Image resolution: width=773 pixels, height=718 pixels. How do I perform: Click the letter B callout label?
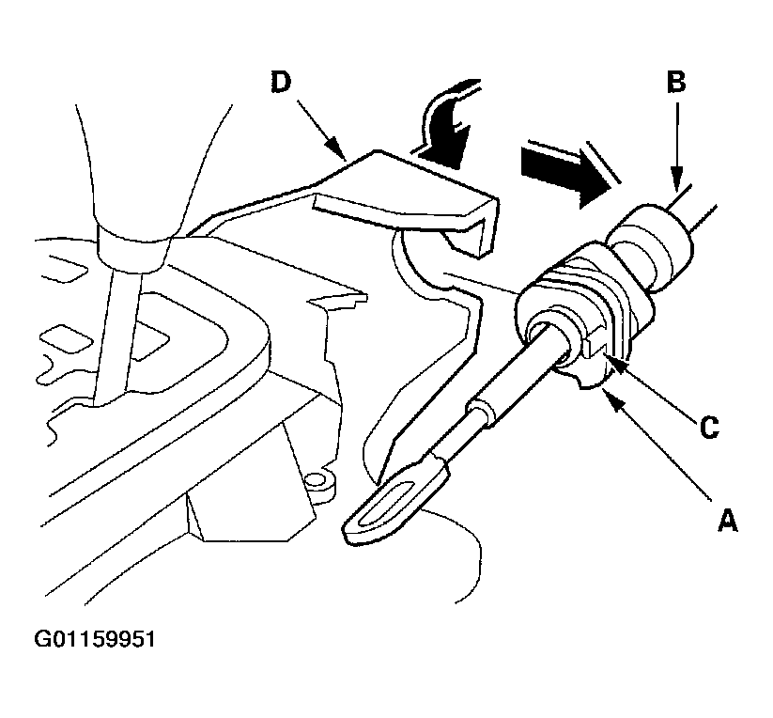pos(675,83)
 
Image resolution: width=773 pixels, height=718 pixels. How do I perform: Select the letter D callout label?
pos(280,83)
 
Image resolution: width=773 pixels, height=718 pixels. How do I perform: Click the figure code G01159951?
pos(96,640)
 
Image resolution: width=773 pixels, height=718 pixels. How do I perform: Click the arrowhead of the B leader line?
pos(674,184)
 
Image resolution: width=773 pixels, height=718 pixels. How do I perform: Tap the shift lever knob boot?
pos(150,141)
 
